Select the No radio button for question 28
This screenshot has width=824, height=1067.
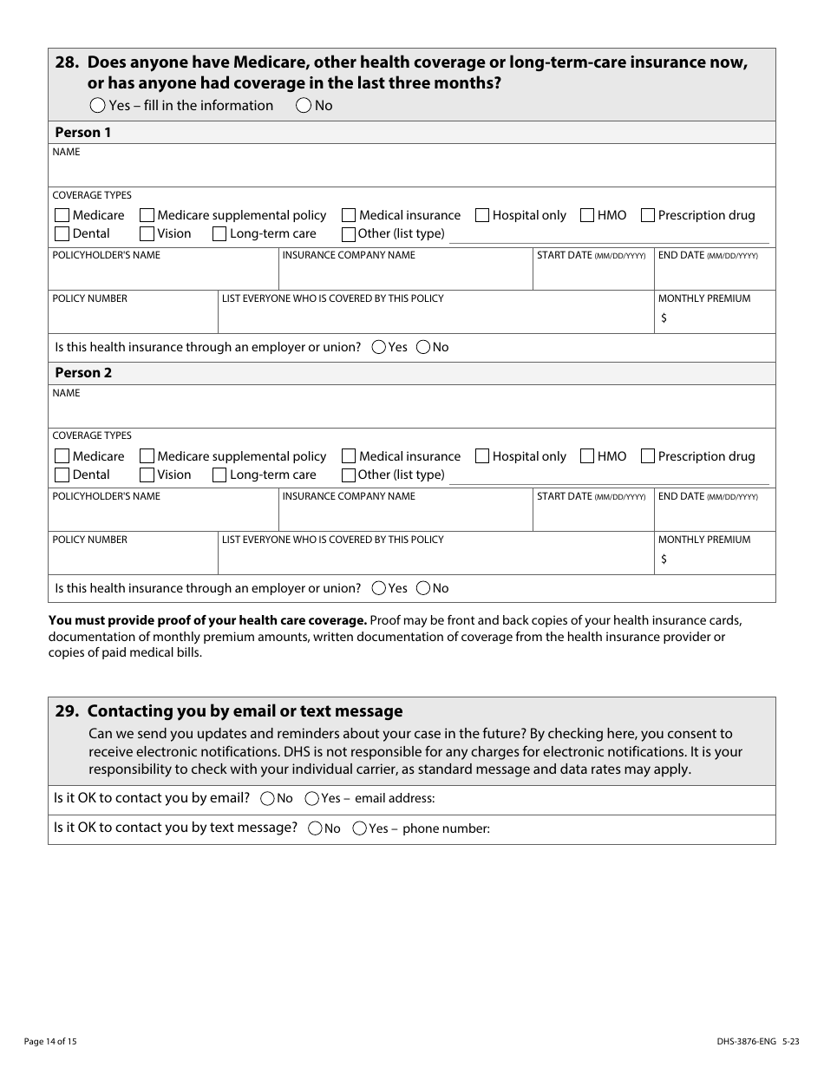point(304,106)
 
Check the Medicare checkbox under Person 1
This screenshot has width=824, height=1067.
point(62,215)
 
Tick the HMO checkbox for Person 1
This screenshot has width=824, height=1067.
point(587,215)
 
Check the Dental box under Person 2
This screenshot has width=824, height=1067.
point(62,475)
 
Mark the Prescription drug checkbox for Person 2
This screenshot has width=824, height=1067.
point(647,456)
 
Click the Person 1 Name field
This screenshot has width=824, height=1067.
point(411,171)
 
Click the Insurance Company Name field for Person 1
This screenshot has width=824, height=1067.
point(404,276)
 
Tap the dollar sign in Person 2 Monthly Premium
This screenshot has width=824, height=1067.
point(664,560)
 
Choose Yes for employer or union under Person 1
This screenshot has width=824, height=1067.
point(379,347)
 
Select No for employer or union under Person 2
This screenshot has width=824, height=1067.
point(423,588)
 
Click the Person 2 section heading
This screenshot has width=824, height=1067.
point(83,373)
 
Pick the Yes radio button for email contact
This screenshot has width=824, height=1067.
point(311,798)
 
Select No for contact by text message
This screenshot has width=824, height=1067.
point(315,828)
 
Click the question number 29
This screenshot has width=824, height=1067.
point(68,711)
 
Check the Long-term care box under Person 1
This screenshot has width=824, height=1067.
point(219,233)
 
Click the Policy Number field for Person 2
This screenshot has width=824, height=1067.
point(132,560)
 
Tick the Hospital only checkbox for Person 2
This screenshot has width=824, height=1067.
point(481,456)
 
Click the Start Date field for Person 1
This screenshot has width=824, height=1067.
point(592,276)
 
